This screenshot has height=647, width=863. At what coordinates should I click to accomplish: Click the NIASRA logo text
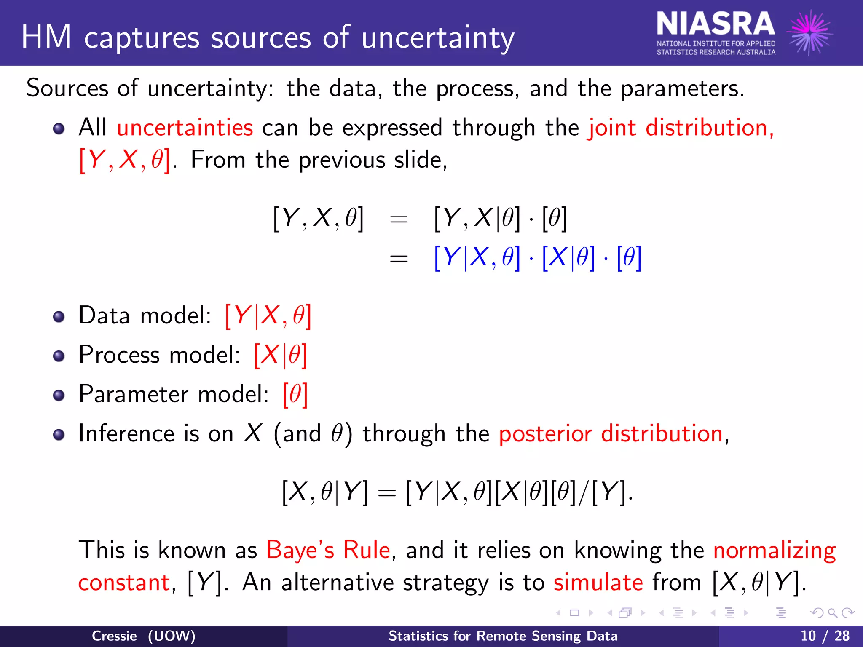tap(716, 24)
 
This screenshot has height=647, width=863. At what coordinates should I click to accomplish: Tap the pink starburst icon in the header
tap(810, 33)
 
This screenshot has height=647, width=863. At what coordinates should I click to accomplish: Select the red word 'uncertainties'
tap(185, 127)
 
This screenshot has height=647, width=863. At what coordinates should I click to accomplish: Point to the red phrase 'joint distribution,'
tap(681, 127)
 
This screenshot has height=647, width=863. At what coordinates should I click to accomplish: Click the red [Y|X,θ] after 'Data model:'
tap(268, 315)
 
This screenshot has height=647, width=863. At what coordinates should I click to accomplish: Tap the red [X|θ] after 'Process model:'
tap(280, 355)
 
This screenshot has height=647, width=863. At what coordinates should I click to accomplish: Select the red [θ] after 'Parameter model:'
tap(295, 394)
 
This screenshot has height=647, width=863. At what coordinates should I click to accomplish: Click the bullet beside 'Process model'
tap(59, 356)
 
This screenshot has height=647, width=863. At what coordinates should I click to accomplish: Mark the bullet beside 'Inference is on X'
tap(59, 435)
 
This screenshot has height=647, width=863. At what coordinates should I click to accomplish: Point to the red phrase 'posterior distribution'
tap(611, 433)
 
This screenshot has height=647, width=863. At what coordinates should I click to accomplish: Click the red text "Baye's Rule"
tap(328, 550)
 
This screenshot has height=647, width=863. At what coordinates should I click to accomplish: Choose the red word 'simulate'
tap(598, 583)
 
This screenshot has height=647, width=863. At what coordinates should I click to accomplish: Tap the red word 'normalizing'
tap(775, 551)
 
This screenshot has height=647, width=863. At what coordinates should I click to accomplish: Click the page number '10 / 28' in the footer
tap(825, 636)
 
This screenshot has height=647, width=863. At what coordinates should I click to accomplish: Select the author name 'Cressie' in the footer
tap(114, 636)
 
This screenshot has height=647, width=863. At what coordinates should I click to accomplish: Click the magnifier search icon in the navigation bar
tap(832, 613)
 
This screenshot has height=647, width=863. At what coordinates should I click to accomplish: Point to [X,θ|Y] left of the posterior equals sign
tap(324, 492)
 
